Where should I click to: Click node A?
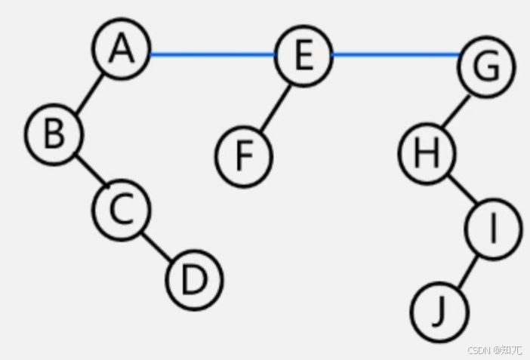tap(121, 50)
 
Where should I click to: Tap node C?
tap(121, 210)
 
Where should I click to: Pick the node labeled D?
tap(194, 280)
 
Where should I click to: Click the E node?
tap(303, 55)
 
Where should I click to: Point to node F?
tap(242, 155)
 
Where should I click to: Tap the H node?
tap(427, 154)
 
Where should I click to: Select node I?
tap(493, 230)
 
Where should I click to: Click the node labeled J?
tap(439, 311)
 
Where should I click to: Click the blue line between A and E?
tap(211, 54)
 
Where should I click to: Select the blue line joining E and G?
tap(394, 54)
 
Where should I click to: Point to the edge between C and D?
tap(156, 245)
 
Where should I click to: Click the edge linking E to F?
tap(274, 106)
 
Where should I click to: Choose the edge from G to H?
tap(455, 112)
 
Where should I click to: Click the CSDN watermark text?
tap(495, 350)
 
